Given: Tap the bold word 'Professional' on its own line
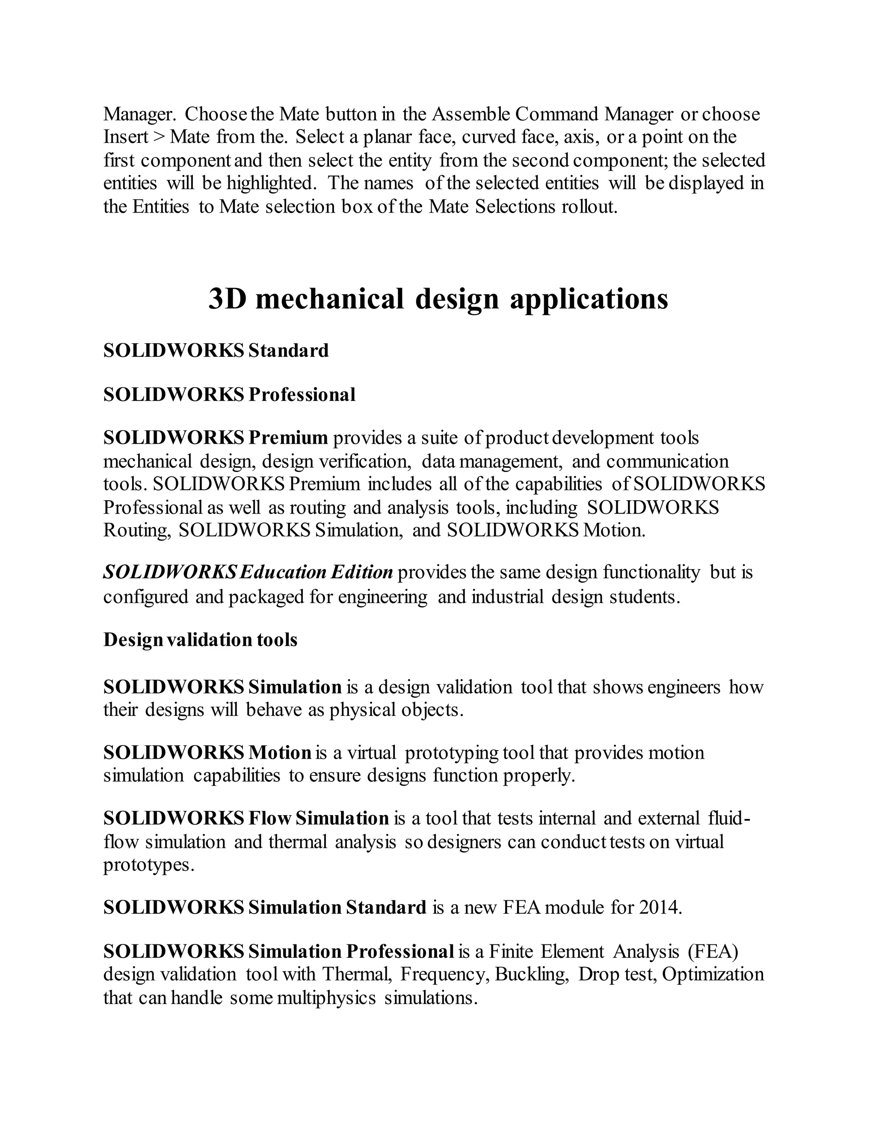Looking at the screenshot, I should pyautogui.click(x=302, y=395).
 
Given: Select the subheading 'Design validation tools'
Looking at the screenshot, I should pyautogui.click(x=200, y=640).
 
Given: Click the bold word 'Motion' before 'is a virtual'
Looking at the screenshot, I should pyautogui.click(x=280, y=752).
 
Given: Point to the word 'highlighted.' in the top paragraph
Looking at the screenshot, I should pyautogui.click(x=270, y=183).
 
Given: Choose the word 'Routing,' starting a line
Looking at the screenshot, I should pyautogui.click(x=136, y=530).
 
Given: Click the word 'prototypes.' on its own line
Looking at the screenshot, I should pyautogui.click(x=148, y=865).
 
